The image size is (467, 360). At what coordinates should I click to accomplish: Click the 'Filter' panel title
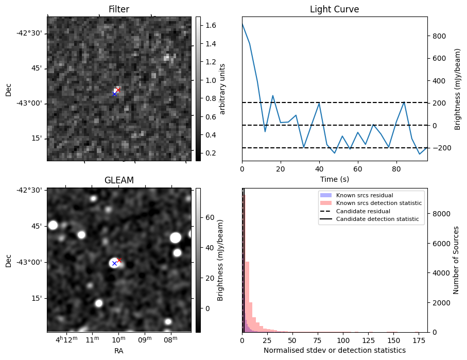coord(118,9)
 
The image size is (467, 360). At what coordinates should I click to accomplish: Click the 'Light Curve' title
coord(334,9)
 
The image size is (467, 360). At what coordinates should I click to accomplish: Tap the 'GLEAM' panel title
coord(118,180)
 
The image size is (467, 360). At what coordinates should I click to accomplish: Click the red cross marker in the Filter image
coord(118,90)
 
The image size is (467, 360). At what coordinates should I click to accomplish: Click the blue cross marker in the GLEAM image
coord(114,263)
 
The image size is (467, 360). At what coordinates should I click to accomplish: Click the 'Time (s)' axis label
coord(334,178)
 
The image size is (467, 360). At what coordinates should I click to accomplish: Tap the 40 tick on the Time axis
coord(319,168)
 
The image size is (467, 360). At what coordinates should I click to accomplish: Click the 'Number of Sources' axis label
coord(456,260)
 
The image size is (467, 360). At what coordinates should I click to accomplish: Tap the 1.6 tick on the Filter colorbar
coord(211,25)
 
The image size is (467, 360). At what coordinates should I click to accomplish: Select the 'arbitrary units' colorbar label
coord(222,89)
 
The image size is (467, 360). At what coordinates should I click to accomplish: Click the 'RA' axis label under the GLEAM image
coord(118,351)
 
